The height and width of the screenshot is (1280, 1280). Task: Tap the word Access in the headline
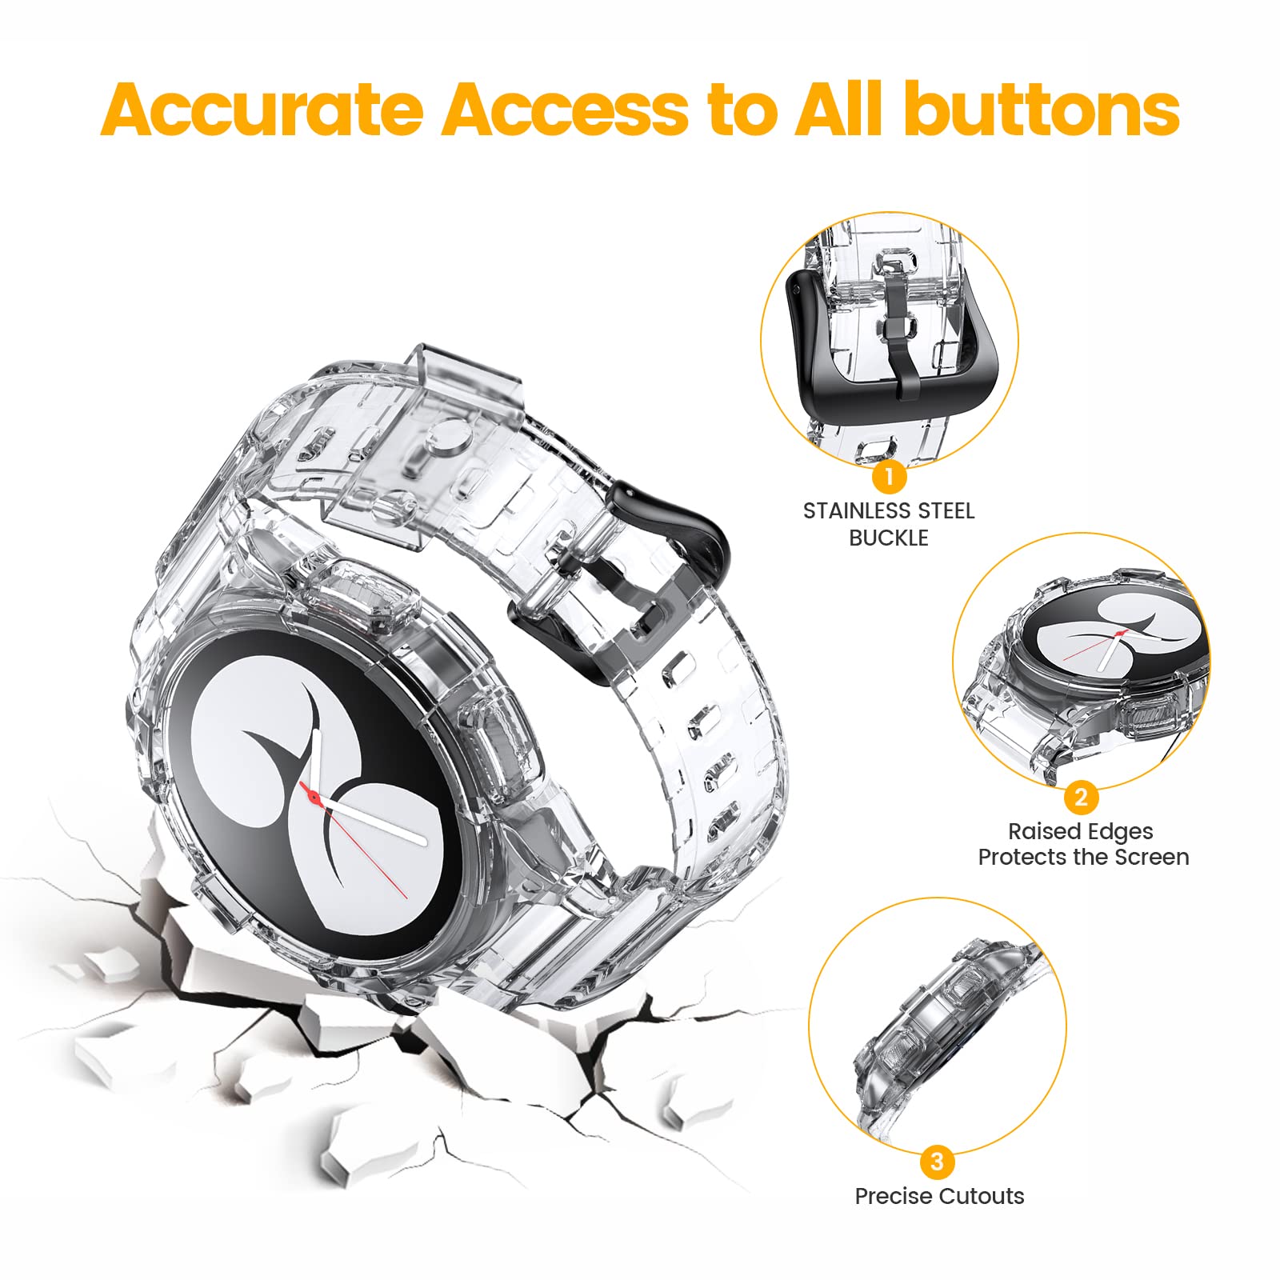point(564,110)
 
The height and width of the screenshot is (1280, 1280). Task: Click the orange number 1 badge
point(889,478)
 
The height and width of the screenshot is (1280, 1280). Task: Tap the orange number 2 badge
point(1081,797)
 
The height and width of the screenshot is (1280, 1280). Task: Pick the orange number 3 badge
point(938,1161)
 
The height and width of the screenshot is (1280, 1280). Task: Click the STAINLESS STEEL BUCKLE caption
point(889,524)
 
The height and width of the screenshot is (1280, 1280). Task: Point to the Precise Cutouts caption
point(939,1196)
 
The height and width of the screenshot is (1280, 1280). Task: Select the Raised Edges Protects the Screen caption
point(1082,844)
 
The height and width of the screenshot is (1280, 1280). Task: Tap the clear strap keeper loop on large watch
point(416,448)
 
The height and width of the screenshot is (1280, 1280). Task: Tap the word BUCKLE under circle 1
point(889,538)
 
